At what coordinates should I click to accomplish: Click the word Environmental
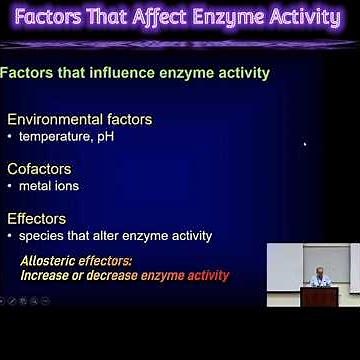point(59,119)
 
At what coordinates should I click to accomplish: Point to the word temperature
point(54,137)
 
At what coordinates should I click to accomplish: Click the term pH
point(104,137)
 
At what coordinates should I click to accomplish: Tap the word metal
point(35,186)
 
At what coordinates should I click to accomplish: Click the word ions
point(65,186)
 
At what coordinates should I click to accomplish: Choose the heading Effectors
point(37,218)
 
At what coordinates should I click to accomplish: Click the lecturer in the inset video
point(319,278)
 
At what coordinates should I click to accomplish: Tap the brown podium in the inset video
point(319,296)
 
